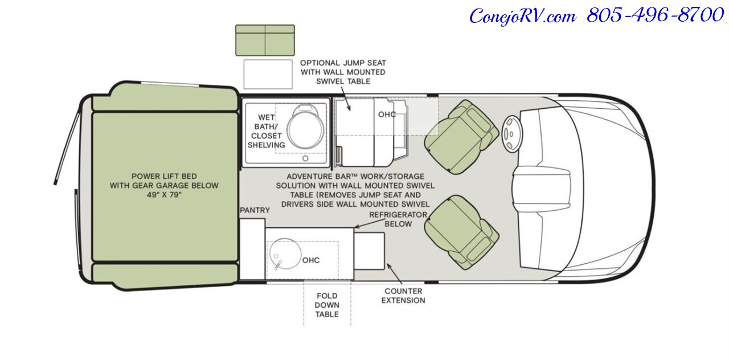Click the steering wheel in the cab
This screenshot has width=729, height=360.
pyautogui.click(x=511, y=134)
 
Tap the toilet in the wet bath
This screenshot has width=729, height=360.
pyautogui.click(x=306, y=126)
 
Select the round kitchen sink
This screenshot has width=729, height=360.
pyautogui.click(x=285, y=254)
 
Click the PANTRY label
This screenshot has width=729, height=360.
pyautogui.click(x=255, y=210)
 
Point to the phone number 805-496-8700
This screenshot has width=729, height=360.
pyautogui.click(x=655, y=15)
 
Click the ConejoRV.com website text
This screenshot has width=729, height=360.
pyautogui.click(x=523, y=17)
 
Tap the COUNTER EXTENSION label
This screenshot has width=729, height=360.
pyautogui.click(x=403, y=296)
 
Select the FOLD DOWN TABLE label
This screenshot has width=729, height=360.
pyautogui.click(x=327, y=305)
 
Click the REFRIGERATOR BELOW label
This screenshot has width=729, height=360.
pyautogui.click(x=398, y=219)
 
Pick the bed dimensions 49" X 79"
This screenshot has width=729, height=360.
pyautogui.click(x=164, y=195)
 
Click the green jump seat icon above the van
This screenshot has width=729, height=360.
pyautogui.click(x=265, y=40)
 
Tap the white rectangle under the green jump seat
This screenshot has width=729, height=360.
pyautogui.click(x=268, y=74)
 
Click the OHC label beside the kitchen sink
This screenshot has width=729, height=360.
pyautogui.click(x=311, y=260)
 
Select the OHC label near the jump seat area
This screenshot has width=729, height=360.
pyautogui.click(x=387, y=114)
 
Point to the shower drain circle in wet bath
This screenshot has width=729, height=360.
pyautogui.click(x=305, y=158)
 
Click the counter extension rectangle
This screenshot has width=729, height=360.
pyautogui.click(x=370, y=251)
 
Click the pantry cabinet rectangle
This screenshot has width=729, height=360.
pyautogui.click(x=252, y=249)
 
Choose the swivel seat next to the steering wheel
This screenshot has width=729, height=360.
pyautogui.click(x=461, y=136)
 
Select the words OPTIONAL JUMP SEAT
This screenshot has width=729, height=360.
pyautogui.click(x=343, y=63)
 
